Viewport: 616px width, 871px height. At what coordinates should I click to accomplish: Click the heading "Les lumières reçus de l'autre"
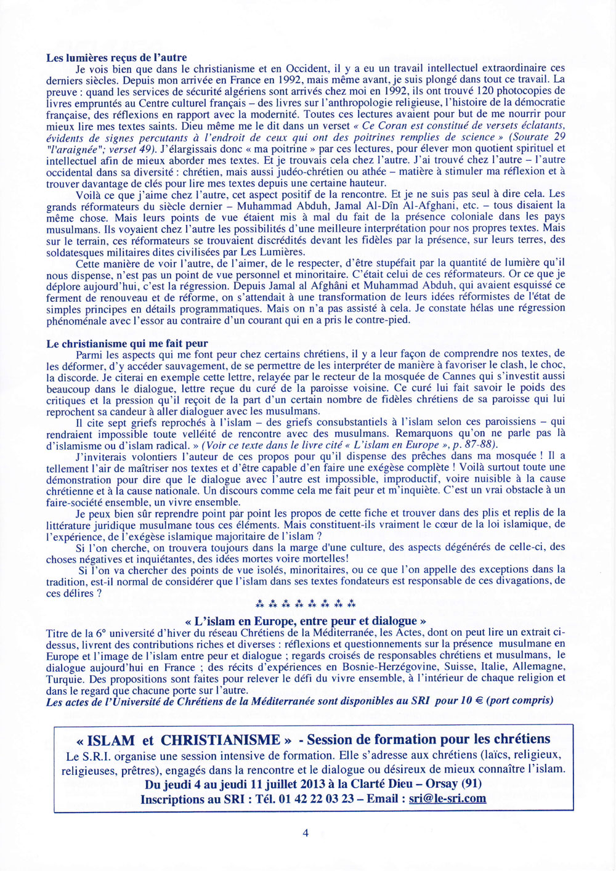click(116, 58)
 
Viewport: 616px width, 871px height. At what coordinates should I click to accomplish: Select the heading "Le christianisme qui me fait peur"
click(127, 344)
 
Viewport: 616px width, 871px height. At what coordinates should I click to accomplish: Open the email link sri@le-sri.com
click(447, 798)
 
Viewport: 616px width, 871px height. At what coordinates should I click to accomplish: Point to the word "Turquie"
click(65, 679)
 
